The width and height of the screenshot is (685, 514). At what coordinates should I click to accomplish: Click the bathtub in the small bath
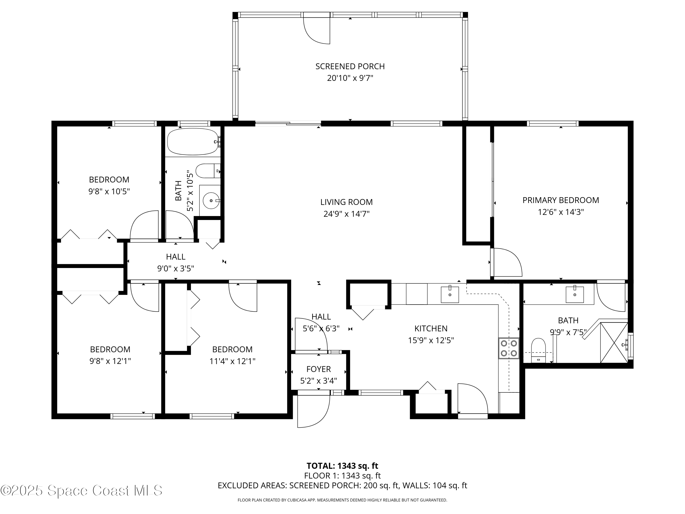click(193, 142)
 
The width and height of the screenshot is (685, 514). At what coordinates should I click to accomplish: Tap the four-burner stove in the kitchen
click(509, 348)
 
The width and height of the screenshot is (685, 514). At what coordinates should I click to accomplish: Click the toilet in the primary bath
click(538, 350)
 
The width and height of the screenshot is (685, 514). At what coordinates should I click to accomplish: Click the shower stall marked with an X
click(614, 342)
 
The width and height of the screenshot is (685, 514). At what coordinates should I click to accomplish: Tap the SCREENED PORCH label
click(350, 66)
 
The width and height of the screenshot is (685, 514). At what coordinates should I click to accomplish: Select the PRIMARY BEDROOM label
click(561, 200)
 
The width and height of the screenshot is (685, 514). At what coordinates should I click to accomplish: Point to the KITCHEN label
click(431, 329)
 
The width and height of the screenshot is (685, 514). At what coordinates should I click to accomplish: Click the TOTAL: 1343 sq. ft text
click(342, 466)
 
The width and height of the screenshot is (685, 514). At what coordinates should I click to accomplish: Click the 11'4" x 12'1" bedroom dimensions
click(232, 361)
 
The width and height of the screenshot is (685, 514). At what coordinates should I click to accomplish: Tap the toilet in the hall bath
click(208, 171)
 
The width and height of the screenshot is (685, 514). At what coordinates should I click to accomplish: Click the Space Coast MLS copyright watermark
click(81, 490)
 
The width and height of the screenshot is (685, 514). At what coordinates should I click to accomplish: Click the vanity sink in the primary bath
click(574, 294)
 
